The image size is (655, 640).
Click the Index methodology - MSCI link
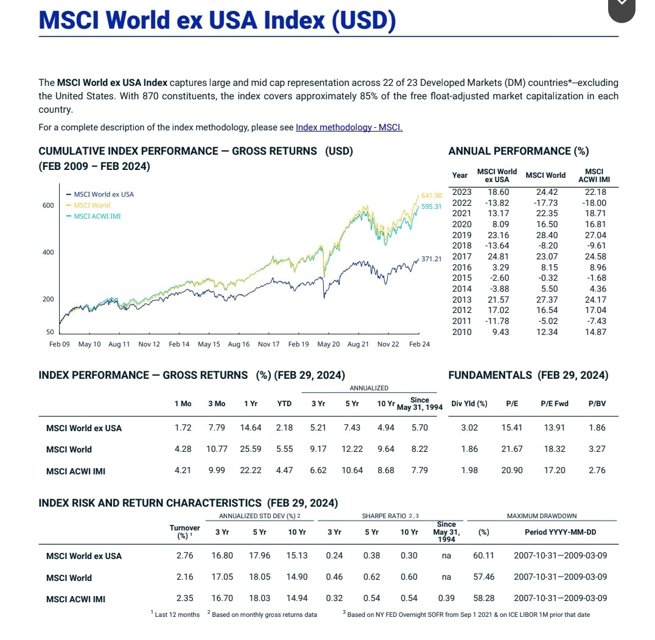coord(349,127)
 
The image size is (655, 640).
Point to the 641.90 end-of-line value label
coord(430,195)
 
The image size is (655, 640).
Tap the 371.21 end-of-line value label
coord(430,259)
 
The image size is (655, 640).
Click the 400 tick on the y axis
coord(47,252)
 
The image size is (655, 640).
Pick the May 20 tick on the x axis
coord(328,344)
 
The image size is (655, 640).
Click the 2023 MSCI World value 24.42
coord(546,192)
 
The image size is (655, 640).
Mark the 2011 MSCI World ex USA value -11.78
coord(497,321)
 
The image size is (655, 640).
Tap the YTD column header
coord(284,403)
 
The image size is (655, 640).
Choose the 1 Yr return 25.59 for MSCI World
coord(251,449)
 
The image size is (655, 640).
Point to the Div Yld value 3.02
coord(469,427)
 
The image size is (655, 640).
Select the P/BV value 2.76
coord(597,470)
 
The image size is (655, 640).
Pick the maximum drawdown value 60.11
coord(483,555)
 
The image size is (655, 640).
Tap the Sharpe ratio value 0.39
coord(446,598)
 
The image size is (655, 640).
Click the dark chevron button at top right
coord(621,8)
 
